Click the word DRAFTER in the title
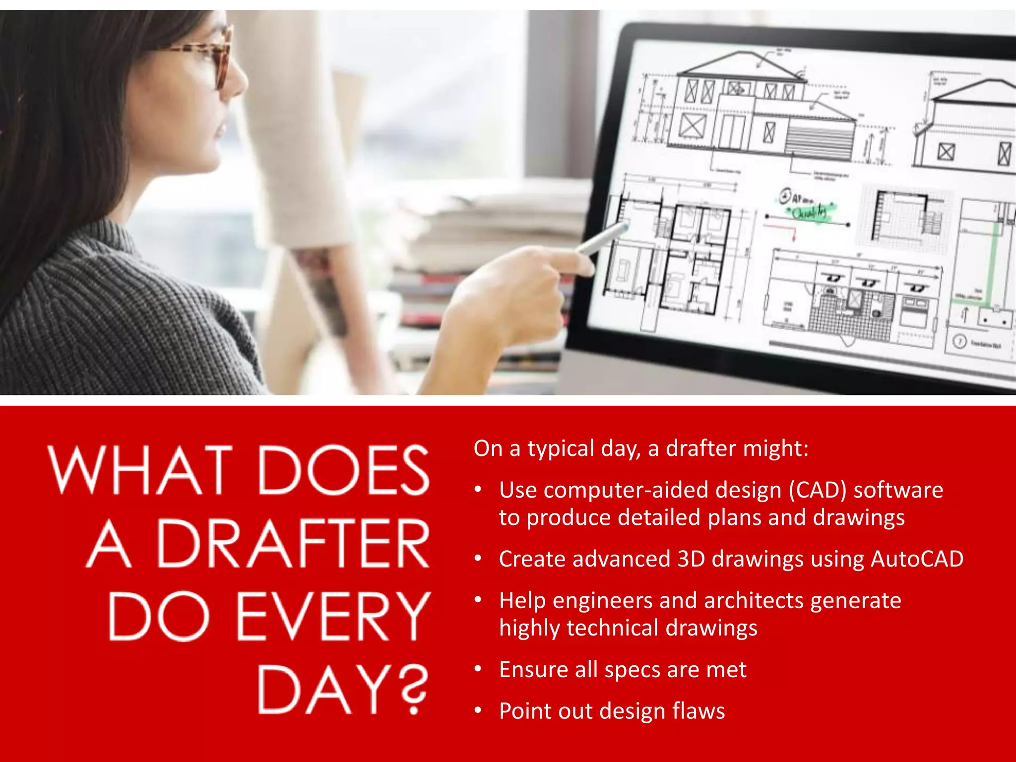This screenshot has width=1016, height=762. coord(293,544)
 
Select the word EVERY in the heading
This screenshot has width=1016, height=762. coord(333,617)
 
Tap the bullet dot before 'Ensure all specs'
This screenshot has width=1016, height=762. coord(478,670)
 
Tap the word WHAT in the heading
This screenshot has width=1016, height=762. coord(140,470)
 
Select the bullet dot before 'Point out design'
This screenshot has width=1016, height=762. coord(478,711)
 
